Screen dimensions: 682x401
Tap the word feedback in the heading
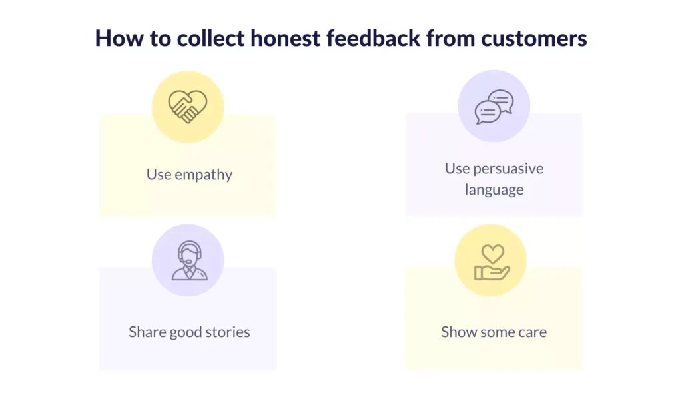coord(373,38)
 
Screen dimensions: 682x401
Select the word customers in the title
coord(534,39)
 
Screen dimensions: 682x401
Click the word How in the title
coord(119,38)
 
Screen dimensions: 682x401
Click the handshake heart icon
coord(188,107)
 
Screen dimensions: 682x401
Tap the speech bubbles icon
coord(494,107)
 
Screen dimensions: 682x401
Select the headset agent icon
coord(190,260)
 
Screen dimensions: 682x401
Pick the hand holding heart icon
coord(492,262)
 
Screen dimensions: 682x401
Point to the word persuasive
coord(508,169)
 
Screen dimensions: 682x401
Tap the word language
coord(494,190)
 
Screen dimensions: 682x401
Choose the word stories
coord(228,332)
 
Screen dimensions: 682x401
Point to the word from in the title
coord(450,38)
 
